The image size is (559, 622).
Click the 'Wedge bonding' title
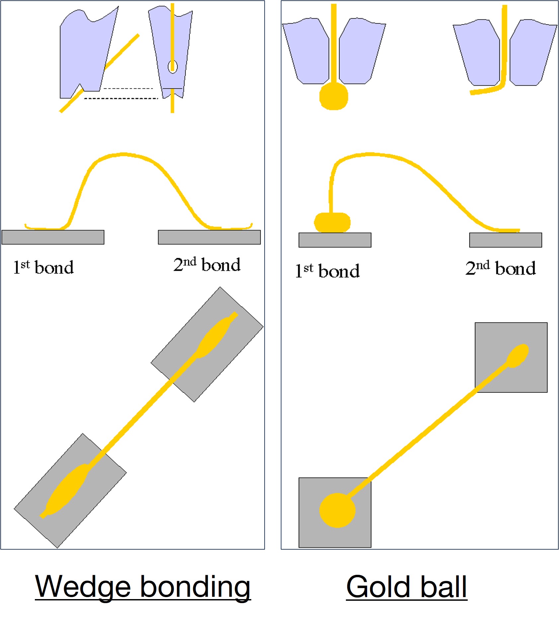click(143, 587)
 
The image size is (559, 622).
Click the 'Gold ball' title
click(406, 587)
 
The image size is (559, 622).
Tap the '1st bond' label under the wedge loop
click(43, 267)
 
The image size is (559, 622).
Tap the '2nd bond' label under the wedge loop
click(207, 265)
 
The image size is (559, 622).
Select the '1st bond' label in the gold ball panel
click(327, 270)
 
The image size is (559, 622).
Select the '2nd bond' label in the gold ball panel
click(500, 268)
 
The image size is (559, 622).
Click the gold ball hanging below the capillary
click(334, 96)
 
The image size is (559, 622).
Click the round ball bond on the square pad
click(337, 510)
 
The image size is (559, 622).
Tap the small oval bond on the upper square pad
click(518, 355)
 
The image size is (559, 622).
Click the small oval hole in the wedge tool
click(172, 66)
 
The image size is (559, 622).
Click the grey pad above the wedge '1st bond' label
click(53, 237)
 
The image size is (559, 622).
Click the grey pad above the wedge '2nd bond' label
click(209, 237)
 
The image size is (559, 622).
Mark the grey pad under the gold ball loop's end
click(505, 240)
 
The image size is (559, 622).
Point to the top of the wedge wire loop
click(123, 154)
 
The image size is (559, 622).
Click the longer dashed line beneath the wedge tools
click(121, 99)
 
